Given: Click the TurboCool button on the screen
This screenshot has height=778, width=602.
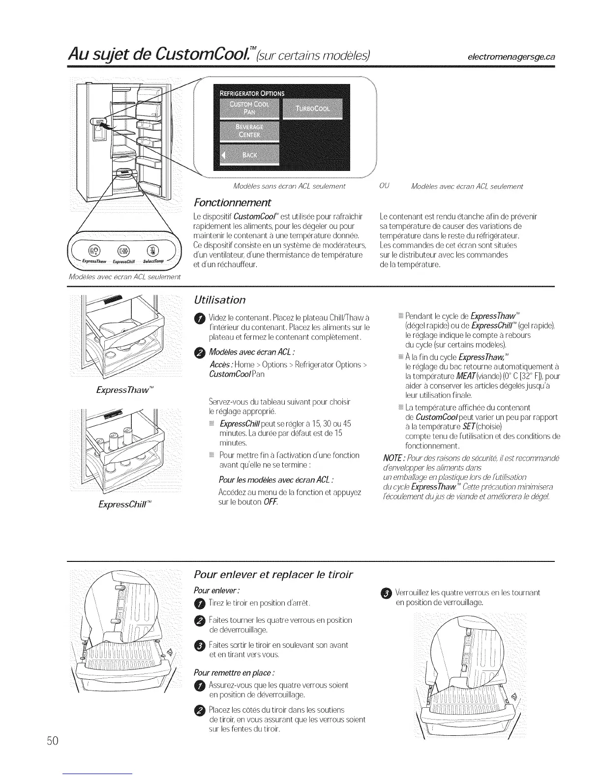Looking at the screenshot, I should coord(312,108).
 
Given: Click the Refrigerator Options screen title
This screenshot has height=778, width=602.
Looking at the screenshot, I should coord(252,94).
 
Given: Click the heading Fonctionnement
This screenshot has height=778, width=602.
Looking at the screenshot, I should coord(232,202).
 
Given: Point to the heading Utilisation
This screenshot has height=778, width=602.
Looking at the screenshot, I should coord(219,300).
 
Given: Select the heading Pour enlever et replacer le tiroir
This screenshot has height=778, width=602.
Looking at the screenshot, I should coord(273,574).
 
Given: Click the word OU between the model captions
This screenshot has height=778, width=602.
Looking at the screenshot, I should coord(384,186).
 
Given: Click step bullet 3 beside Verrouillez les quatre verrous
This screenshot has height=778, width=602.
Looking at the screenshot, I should coord(386,593).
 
